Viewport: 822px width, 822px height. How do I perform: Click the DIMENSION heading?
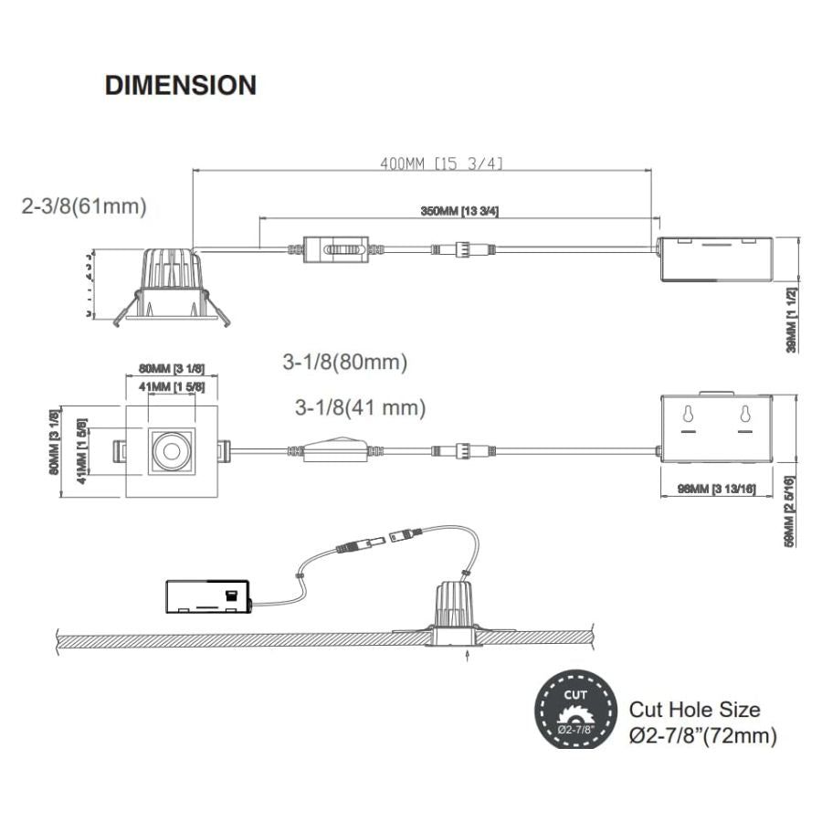tap(181, 85)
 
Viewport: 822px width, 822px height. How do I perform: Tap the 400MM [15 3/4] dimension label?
tap(441, 163)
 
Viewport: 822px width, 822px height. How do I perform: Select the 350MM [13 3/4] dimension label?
tap(459, 211)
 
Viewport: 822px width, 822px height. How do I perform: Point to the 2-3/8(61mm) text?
tap(84, 205)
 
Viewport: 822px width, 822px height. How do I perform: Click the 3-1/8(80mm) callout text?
tap(344, 362)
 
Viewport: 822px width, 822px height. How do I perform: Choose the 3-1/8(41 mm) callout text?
tap(360, 407)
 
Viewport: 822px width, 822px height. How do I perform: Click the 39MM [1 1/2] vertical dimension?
tap(791, 319)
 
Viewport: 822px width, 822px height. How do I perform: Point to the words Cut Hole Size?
tap(694, 709)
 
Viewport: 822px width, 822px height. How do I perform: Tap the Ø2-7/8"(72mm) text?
tap(703, 736)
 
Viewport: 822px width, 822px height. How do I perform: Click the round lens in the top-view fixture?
tap(170, 449)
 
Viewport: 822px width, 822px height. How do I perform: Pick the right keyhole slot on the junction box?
tap(745, 415)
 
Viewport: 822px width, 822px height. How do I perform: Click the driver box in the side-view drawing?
tap(716, 259)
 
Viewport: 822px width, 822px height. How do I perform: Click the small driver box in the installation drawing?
tap(208, 597)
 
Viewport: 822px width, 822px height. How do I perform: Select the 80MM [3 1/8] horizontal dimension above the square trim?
tap(171, 368)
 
